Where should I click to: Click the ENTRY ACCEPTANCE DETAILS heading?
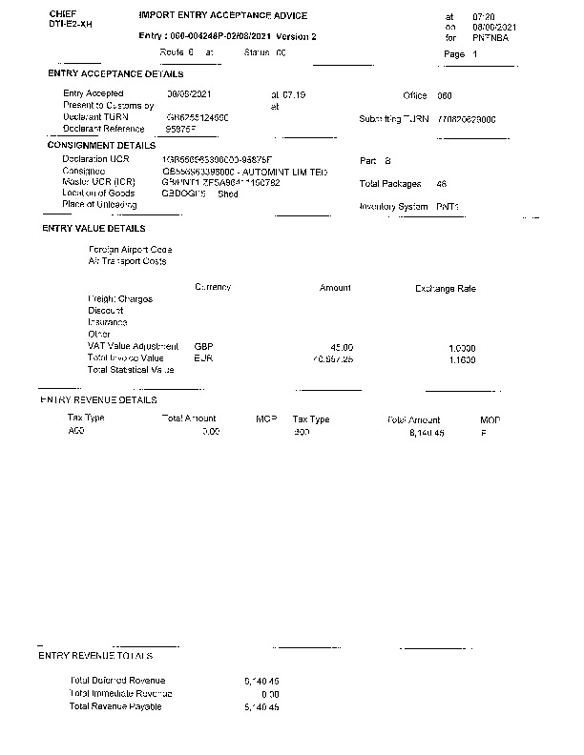[x=115, y=74]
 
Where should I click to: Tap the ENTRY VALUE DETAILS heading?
[x=94, y=229]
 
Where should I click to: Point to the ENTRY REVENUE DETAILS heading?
[x=98, y=400]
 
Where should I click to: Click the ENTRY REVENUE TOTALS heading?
[x=95, y=656]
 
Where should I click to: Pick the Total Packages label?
[x=390, y=182]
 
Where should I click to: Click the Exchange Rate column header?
[x=445, y=288]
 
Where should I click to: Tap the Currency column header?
[x=213, y=287]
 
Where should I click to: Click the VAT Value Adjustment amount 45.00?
[x=342, y=347]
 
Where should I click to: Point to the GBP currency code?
[x=202, y=346]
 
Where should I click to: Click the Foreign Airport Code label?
[x=130, y=250]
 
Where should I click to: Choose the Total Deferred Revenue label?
[x=117, y=681]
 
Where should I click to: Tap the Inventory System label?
[x=394, y=206]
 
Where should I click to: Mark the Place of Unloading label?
[x=100, y=204]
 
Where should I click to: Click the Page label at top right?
[x=454, y=54]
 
